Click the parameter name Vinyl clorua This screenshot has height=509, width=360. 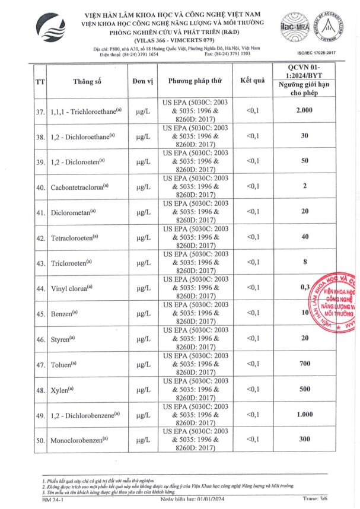(x=72, y=288)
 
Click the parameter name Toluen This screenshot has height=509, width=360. (x=64, y=364)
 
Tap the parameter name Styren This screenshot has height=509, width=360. (x=63, y=339)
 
